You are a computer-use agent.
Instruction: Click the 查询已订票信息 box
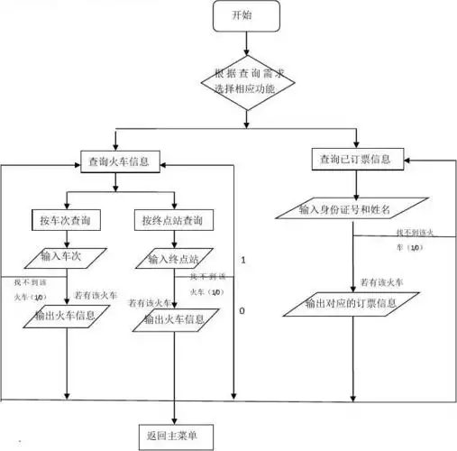tap(354, 160)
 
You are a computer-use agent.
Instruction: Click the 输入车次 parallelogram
tap(67, 257)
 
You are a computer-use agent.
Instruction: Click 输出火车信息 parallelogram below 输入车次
tap(67, 317)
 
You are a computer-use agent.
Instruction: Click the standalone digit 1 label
tap(242, 260)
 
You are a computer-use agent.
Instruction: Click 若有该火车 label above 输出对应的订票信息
tap(381, 282)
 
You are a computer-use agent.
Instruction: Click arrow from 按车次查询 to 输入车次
tap(67, 238)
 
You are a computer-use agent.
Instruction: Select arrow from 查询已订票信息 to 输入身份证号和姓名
tap(355, 184)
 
